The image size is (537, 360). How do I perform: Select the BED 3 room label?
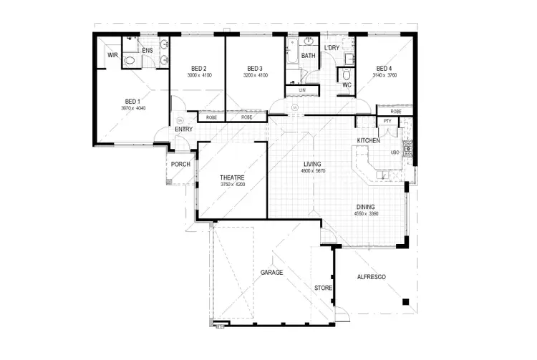coord(255,68)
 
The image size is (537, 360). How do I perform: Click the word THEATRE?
coord(233,177)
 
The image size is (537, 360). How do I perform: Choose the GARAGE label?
coord(271,273)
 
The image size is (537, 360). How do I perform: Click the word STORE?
coord(323,288)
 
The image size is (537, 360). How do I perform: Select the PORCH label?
coord(180,164)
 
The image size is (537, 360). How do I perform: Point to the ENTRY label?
coord(183,130)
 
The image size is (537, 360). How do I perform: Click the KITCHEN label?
coord(369,141)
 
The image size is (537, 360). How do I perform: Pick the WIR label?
coord(112,54)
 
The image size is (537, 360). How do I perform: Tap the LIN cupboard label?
coord(302,90)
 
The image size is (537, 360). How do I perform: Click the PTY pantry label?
coord(387,122)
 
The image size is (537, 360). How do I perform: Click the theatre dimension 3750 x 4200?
coord(233,185)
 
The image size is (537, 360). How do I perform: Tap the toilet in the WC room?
coord(346,74)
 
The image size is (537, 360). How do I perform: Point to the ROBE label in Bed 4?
coord(395,112)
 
